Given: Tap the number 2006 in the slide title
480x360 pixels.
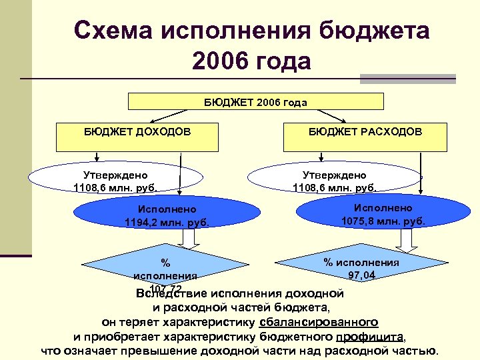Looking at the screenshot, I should click(x=219, y=61).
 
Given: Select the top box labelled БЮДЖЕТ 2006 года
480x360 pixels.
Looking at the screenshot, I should click(x=255, y=101).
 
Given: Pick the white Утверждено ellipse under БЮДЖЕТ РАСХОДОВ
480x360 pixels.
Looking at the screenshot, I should click(x=333, y=179).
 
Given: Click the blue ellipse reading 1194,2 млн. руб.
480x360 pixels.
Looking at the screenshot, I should click(x=167, y=215).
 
